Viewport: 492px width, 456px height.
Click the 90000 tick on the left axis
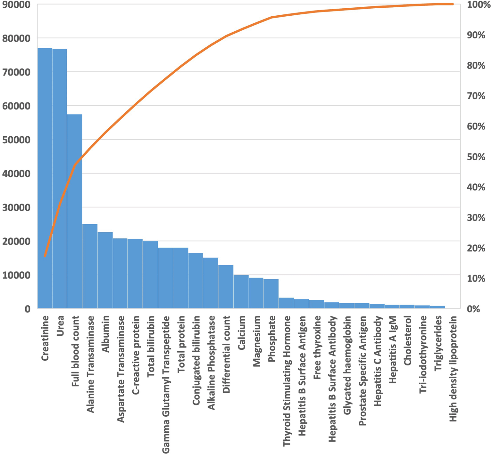click(16, 5)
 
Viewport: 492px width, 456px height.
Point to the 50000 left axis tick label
click(16, 140)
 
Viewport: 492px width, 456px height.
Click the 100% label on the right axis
click(476, 5)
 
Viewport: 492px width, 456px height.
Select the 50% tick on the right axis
click(476, 157)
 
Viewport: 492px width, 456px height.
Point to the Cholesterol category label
click(407, 340)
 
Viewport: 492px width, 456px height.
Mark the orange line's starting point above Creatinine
click(45, 256)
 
